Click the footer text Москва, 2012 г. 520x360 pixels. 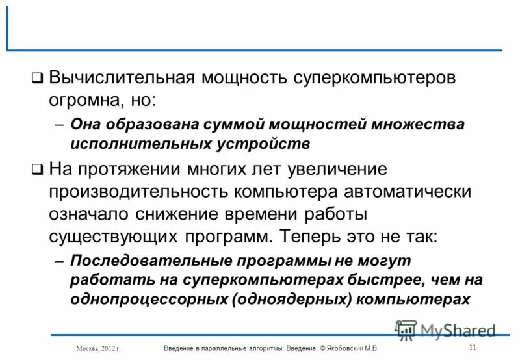99,349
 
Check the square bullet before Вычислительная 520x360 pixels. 38,79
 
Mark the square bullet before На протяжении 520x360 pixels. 38,170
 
